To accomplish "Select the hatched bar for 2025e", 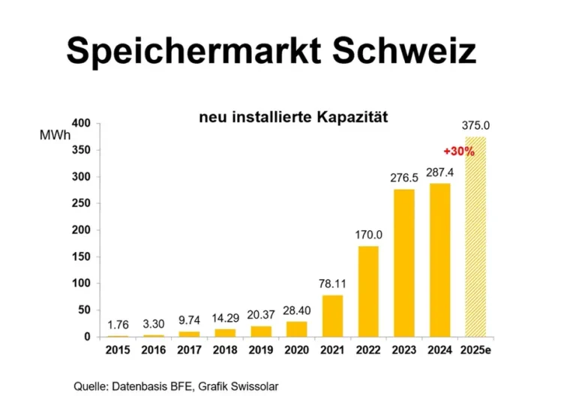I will click(475, 236).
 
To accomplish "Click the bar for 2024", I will click(440, 259).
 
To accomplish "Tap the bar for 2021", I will click(333, 316).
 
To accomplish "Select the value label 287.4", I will click(440, 172).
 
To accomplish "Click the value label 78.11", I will click(332, 284).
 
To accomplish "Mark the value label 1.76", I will click(118, 325).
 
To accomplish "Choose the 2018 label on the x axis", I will click(226, 350).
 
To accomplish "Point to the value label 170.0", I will click(369, 235).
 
